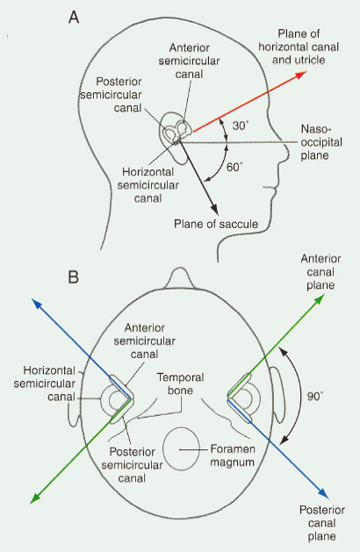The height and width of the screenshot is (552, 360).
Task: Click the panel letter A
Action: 73,17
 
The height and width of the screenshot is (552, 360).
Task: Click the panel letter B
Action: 73,277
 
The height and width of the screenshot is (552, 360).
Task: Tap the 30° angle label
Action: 241,125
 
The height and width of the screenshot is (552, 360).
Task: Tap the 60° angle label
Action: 234,167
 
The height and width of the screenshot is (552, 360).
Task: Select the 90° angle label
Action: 315,397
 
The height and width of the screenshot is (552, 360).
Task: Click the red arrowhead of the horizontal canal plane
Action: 301,75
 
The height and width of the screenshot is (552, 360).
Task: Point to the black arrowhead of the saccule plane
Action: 214,209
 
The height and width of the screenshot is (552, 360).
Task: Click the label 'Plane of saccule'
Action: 216,224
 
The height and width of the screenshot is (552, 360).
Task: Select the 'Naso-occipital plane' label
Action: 321,142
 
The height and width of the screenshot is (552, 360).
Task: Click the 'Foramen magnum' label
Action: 233,455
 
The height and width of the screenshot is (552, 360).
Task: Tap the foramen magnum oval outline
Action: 163,449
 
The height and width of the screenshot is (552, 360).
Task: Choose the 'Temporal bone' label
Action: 180,384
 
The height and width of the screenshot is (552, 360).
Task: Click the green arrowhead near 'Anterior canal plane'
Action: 319,299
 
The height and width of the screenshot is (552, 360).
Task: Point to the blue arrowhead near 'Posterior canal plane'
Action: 323,493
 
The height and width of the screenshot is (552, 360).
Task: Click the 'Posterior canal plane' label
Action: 321,523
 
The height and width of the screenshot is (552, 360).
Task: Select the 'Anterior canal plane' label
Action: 320,272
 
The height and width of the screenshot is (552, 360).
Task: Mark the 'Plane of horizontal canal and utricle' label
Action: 299,47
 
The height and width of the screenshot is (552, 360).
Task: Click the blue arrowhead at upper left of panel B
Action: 37,304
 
